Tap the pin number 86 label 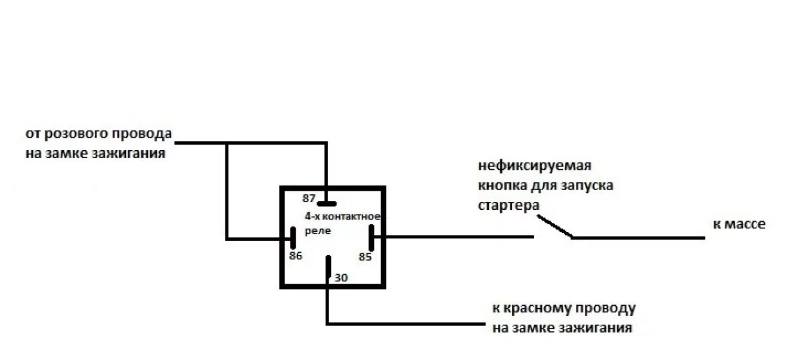pos(296,256)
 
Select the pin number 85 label pos(365,257)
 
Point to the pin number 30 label pos(341,278)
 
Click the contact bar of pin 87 pos(327,203)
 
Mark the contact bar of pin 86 pos(293,238)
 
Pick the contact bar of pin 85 pos(371,238)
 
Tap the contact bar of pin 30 pos(328,267)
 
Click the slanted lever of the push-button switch pos(554,226)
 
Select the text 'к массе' pos(739,225)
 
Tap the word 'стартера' pos(509,205)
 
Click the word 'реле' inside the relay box pos(317,231)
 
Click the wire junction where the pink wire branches pos(227,143)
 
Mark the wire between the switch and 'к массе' pos(638,238)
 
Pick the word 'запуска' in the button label pos(587,185)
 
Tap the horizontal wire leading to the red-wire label pos(405,324)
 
